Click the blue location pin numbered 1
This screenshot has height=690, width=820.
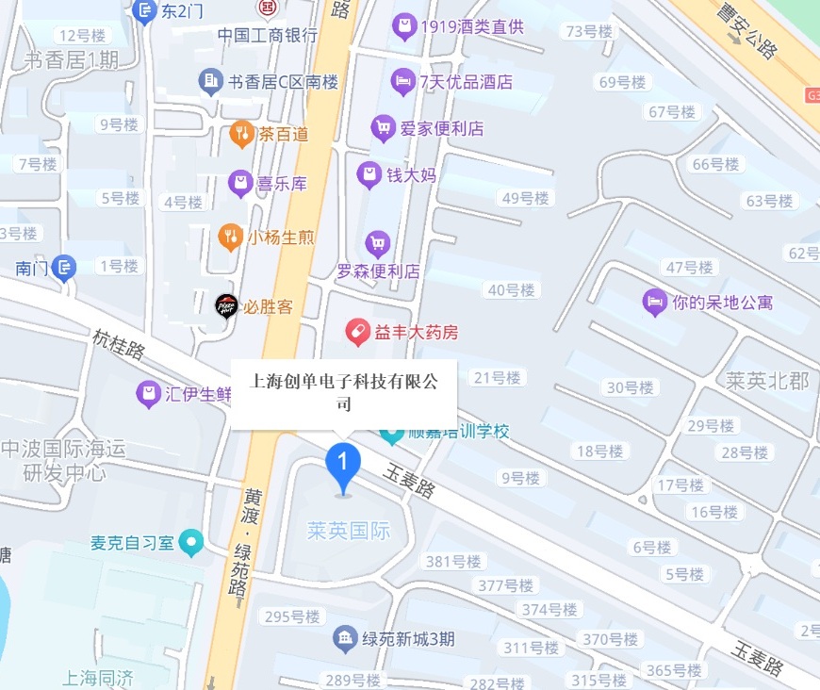343,463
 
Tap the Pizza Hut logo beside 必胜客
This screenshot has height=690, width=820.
226,305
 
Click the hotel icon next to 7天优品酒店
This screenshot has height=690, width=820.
403,81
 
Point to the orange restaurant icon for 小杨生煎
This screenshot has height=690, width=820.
229,237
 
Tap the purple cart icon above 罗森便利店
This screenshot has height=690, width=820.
378,244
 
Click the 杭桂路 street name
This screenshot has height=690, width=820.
119,344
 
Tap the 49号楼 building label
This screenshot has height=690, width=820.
525,198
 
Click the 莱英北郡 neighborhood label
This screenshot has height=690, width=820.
767,381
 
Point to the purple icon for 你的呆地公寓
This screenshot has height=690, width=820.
653,302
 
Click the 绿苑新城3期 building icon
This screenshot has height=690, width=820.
345,639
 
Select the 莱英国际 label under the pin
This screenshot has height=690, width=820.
348,531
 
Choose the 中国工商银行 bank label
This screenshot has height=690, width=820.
268,35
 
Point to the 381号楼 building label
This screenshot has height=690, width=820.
453,562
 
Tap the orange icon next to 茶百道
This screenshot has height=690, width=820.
242,134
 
